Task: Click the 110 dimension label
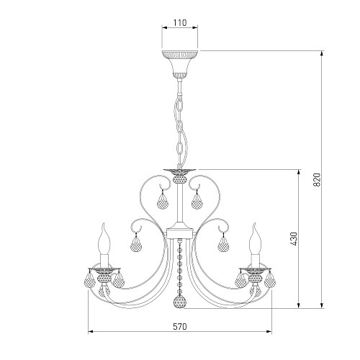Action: pos(180,23)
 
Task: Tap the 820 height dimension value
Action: pos(317,180)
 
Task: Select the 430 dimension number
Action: pos(294,239)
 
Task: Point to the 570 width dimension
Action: pos(180,326)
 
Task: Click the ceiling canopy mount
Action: pos(180,64)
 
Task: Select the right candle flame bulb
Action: pos(255,239)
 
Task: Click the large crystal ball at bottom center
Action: pos(180,301)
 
